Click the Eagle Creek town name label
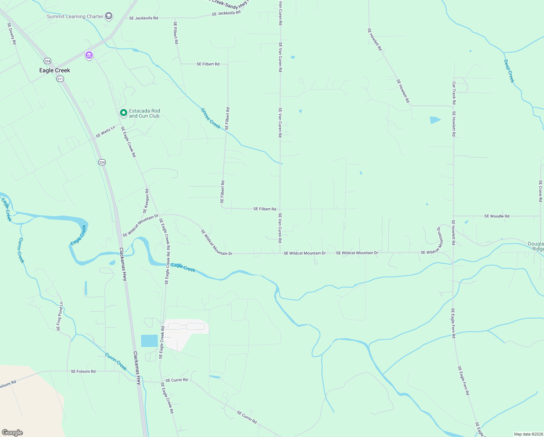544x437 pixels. tap(55, 70)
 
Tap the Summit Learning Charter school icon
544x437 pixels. tap(108, 16)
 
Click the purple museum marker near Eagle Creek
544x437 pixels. tap(89, 55)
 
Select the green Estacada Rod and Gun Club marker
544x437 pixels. tap(123, 113)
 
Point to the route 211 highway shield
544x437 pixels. tap(60, 79)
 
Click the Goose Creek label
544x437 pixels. tap(211, 118)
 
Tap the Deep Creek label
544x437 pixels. tap(509, 71)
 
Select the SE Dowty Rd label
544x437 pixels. tap(12, 34)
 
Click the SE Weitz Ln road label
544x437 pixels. tap(105, 132)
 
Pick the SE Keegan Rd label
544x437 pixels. tap(146, 201)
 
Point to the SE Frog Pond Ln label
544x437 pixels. tap(60, 316)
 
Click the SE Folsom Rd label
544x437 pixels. tap(83, 371)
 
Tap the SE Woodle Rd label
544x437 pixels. tap(497, 216)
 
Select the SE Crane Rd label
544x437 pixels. tap(540, 191)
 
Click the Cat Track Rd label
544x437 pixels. tap(454, 93)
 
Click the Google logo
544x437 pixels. tap(12, 433)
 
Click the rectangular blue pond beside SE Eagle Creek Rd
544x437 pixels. tap(149, 341)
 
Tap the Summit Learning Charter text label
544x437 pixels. tap(75, 16)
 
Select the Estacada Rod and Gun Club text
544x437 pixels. tap(144, 113)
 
